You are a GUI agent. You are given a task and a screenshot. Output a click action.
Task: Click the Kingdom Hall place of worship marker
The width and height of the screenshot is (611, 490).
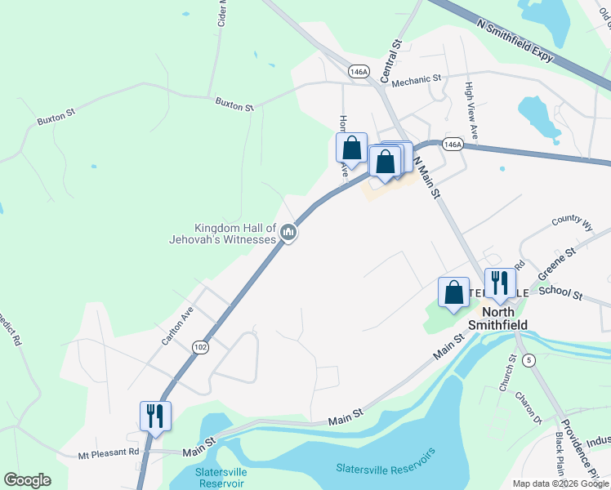tap(288, 234)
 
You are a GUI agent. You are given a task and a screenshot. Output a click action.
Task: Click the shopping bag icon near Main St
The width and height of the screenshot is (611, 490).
tap(453, 292)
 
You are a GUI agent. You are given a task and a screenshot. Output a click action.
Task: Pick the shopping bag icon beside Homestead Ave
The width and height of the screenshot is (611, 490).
tap(352, 148)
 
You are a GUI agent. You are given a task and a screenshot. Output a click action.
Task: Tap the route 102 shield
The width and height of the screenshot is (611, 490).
tap(199, 347)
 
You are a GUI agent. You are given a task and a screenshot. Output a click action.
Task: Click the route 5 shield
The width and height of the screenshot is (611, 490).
tap(529, 360)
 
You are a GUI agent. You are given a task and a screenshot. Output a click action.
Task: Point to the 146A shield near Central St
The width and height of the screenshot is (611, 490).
tap(358, 72)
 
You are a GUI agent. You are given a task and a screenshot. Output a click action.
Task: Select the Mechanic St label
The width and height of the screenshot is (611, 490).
tap(416, 80)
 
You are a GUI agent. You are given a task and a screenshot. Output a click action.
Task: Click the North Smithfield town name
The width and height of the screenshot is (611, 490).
tap(503, 318)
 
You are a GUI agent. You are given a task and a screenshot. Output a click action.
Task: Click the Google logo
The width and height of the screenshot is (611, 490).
tap(27, 480)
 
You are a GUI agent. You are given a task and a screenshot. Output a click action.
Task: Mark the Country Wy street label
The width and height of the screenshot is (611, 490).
tap(573, 222)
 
